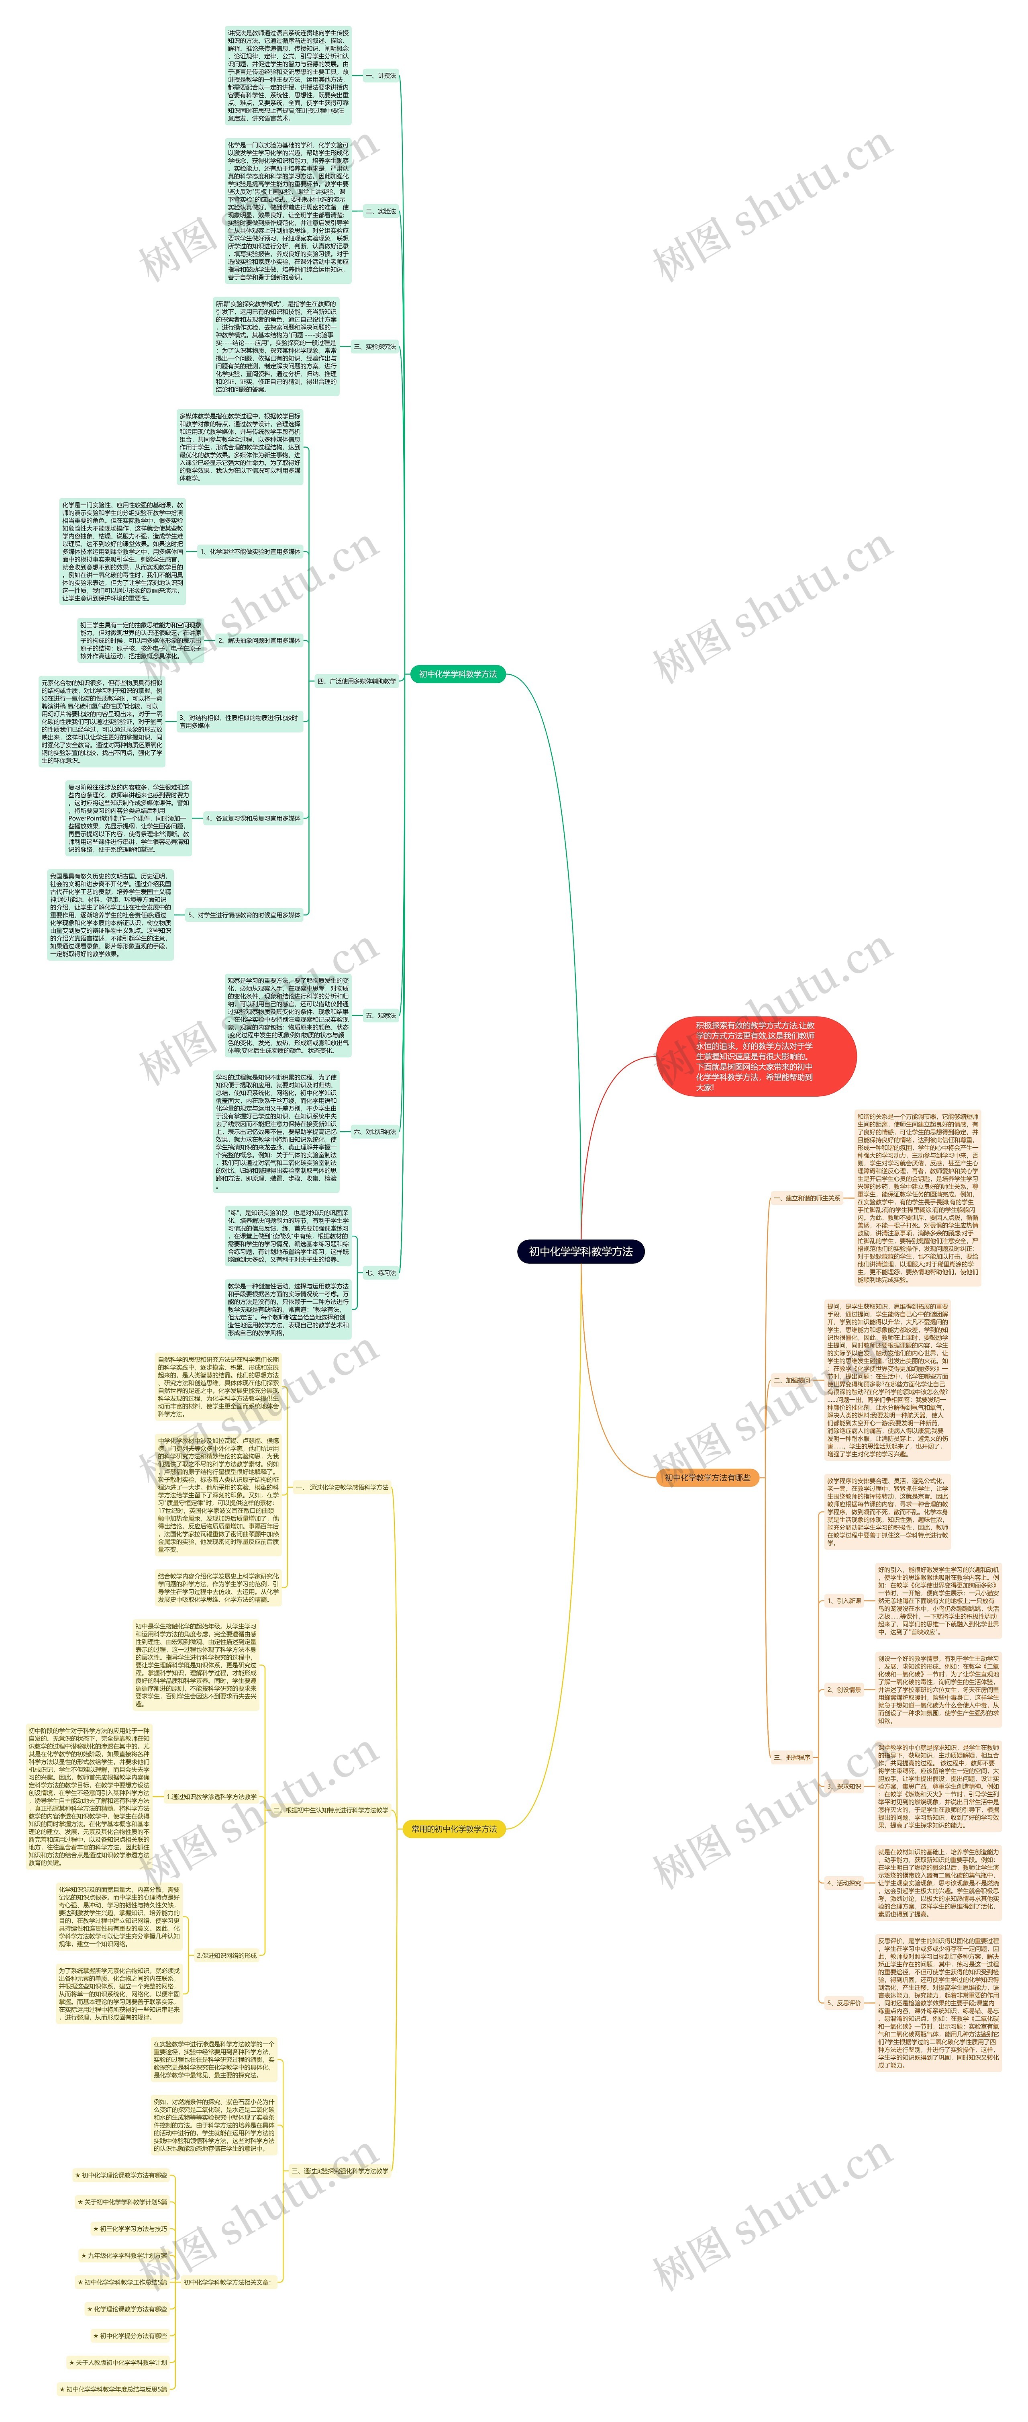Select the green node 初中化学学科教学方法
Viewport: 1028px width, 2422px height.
click(x=458, y=674)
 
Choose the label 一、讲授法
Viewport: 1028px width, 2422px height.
click(x=381, y=75)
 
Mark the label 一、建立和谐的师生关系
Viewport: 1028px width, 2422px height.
click(x=805, y=1198)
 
